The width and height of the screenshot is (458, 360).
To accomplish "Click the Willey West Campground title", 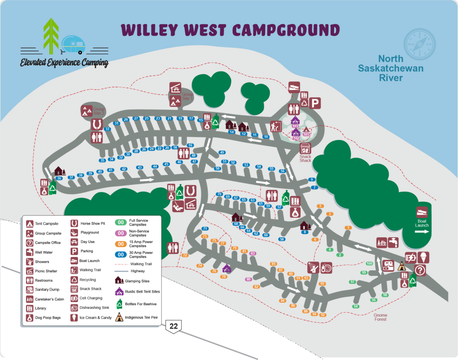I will [230, 30].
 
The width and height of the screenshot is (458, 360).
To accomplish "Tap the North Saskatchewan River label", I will [391, 68].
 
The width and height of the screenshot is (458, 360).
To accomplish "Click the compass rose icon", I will [419, 44].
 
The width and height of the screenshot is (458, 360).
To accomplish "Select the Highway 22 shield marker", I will [174, 326].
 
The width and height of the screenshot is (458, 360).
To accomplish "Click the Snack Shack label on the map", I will [305, 159].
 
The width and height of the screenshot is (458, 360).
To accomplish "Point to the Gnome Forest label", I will [380, 317].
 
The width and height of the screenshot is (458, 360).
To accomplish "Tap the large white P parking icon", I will [315, 103].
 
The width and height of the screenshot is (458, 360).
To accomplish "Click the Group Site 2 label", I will [99, 111].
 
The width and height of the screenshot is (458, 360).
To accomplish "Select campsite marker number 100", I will [369, 263].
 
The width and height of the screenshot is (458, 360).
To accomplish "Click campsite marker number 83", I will [253, 253].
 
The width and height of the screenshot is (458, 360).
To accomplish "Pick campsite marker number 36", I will [59, 178].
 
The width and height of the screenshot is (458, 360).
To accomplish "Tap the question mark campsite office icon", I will [420, 270].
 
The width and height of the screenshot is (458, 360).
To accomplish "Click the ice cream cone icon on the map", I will [423, 257].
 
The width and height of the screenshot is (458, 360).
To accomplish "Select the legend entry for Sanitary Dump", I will [47, 290].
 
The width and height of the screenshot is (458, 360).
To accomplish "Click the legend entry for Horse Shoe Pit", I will [92, 223].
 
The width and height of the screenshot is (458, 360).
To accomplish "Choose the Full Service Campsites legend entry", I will [138, 222].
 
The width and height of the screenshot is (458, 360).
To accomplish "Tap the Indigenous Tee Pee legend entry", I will [141, 317].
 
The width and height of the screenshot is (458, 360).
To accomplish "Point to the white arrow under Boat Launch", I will [422, 232].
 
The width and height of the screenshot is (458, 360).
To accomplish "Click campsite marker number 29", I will [126, 120].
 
